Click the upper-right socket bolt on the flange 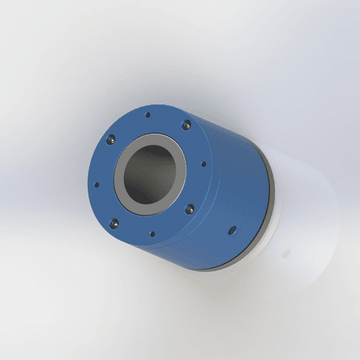coord(186,125)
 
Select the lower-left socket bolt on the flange coord(113,221)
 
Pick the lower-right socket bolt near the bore coord(190,209)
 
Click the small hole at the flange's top coord(148,114)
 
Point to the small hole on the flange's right coord(204,164)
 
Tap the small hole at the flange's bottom coord(152,233)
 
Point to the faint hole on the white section coord(286,253)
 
